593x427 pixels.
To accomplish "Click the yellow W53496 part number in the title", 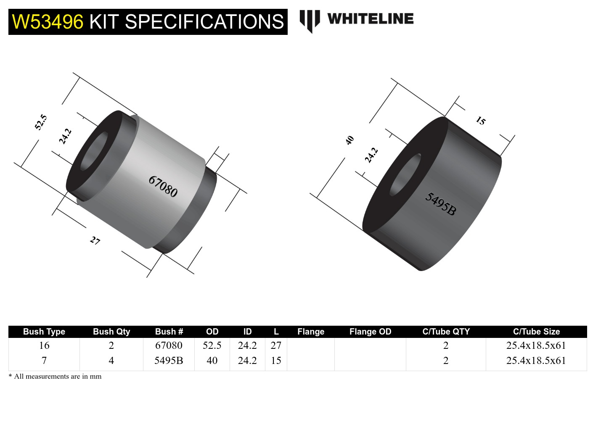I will pyautogui.click(x=48, y=22).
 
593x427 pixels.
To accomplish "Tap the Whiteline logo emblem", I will pyautogui.click(x=310, y=20).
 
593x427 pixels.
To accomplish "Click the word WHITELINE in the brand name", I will pyautogui.click(x=370, y=18).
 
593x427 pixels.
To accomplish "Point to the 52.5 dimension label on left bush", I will pyautogui.click(x=41, y=122).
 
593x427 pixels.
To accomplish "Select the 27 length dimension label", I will pyautogui.click(x=95, y=240).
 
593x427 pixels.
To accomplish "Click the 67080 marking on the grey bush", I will pyautogui.click(x=163, y=186).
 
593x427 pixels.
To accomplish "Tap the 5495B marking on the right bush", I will pyautogui.click(x=440, y=203).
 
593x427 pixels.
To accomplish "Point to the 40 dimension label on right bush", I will pyautogui.click(x=349, y=140).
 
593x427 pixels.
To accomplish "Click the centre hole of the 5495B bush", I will pyautogui.click(x=405, y=175).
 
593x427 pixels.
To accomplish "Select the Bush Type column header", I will pyautogui.click(x=44, y=332).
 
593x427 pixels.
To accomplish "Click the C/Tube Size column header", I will pyautogui.click(x=536, y=332).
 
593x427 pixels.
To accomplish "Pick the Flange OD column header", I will pyautogui.click(x=370, y=332).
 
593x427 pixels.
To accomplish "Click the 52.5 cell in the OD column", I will pyautogui.click(x=212, y=345).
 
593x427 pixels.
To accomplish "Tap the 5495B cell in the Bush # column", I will pyautogui.click(x=169, y=361).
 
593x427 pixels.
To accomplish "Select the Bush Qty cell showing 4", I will pyautogui.click(x=111, y=361).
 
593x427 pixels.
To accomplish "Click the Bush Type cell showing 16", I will pyautogui.click(x=44, y=345).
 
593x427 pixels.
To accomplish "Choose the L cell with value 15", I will pyautogui.click(x=276, y=361).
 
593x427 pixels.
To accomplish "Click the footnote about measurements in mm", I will pyautogui.click(x=55, y=376).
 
